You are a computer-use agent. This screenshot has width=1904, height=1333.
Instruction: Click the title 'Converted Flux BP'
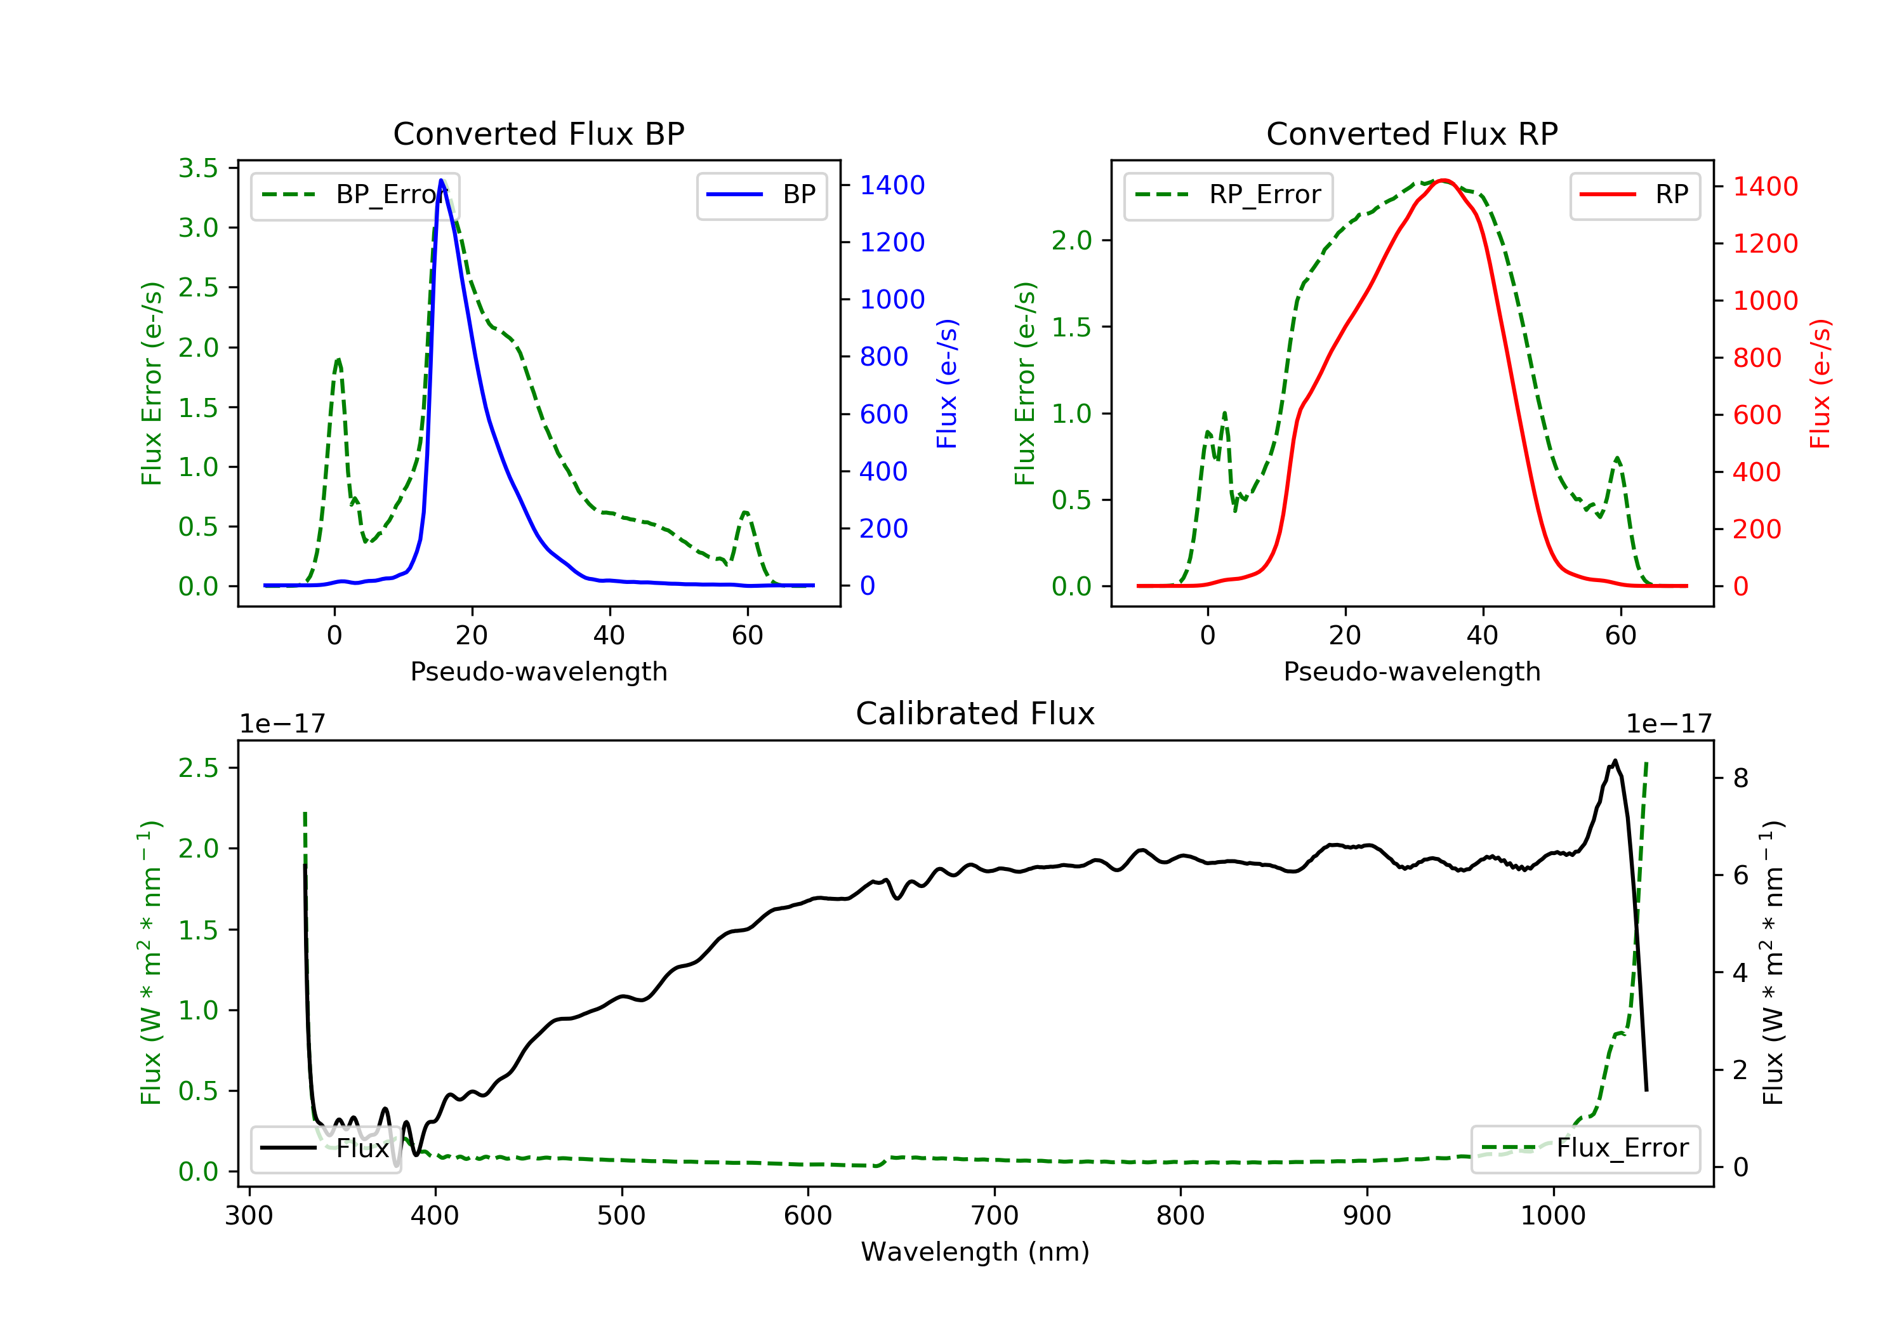pyautogui.click(x=538, y=133)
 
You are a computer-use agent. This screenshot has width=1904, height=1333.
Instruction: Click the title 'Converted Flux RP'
pyautogui.click(x=1411, y=133)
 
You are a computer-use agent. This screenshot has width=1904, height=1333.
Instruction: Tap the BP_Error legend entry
pyautogui.click(x=355, y=195)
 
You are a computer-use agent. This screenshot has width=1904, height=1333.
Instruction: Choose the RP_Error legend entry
pyautogui.click(x=1228, y=195)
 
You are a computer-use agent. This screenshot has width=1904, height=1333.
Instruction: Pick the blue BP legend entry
pyautogui.click(x=761, y=195)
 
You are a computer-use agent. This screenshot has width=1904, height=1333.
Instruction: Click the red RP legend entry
pyautogui.click(x=1634, y=195)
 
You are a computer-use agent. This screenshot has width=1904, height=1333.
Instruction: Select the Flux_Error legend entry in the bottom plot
pyautogui.click(x=1585, y=1148)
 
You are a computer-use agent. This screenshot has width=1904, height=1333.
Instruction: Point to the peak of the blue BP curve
pyautogui.click(x=441, y=180)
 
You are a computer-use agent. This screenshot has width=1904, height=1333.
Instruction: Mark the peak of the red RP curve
pyautogui.click(x=1444, y=180)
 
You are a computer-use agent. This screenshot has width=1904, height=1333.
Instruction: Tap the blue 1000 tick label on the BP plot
pyautogui.click(x=892, y=300)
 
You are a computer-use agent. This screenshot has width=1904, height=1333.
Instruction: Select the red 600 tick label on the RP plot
pyautogui.click(x=1757, y=414)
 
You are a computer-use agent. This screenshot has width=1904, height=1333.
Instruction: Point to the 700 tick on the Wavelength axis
pyautogui.click(x=995, y=1216)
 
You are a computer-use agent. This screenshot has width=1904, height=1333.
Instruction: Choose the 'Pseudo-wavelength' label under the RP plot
pyautogui.click(x=1411, y=671)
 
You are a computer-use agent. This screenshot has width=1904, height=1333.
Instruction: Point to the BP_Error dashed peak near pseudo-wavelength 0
pyautogui.click(x=338, y=359)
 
